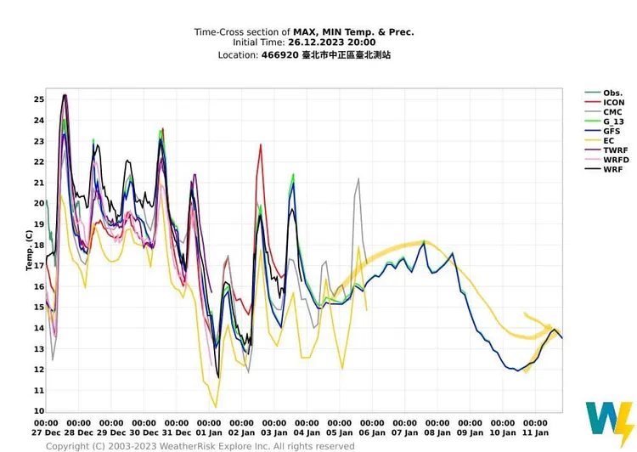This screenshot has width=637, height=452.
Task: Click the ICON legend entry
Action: tap(612, 103)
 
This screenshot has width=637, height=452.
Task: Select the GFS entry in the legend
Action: tap(612, 132)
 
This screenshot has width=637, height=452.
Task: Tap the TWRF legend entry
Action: tap(614, 150)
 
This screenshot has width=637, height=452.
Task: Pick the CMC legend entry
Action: tap(612, 112)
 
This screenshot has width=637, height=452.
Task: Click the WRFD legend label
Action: tap(615, 160)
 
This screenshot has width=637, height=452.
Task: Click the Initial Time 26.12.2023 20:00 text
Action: tap(304, 42)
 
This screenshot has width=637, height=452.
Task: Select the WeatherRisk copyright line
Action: tap(200, 445)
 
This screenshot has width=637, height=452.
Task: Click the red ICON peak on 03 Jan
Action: tap(261, 145)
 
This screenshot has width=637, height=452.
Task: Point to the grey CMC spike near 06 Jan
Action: tap(358, 180)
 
